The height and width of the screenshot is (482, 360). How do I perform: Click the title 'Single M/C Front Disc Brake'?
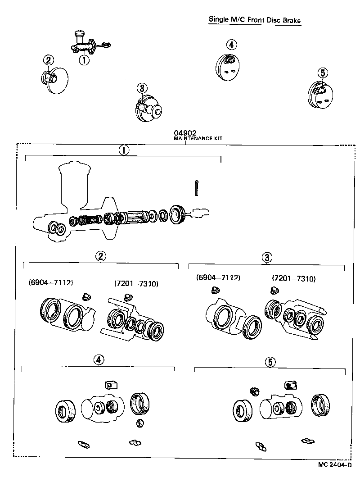pos(254,20)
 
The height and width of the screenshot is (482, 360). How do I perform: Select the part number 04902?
pos(184,133)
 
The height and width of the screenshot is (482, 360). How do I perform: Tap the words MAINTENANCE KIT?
pos(198,139)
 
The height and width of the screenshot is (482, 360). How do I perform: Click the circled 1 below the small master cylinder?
pos(84,59)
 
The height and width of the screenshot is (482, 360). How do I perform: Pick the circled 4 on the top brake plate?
pos(231,45)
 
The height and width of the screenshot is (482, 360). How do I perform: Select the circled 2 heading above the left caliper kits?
pos(101,256)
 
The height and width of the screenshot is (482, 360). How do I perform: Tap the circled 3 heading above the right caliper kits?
pos(267,257)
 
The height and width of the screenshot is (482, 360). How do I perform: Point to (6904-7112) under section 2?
pos(51,282)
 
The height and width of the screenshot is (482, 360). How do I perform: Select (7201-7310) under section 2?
pos(136,283)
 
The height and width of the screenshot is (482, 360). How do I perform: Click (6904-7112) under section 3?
pos(218,278)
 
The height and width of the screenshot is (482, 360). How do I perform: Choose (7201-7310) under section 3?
pos(294,279)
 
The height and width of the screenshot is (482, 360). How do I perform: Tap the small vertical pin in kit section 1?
pos(197,188)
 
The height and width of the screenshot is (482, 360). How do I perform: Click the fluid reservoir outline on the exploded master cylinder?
pos(75,185)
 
